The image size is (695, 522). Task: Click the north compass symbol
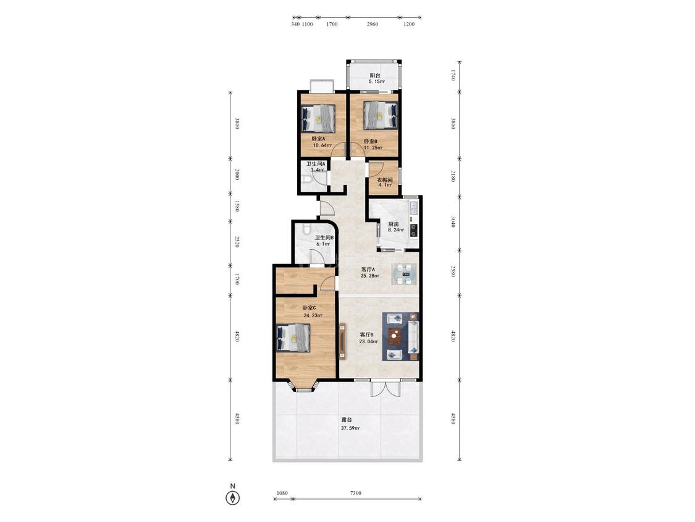pyautogui.click(x=233, y=498)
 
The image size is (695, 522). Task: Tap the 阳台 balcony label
pyautogui.click(x=375, y=75)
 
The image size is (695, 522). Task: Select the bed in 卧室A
pyautogui.click(x=318, y=119)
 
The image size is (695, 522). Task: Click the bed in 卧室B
pyautogui.click(x=381, y=114)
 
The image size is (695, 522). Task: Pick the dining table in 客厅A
pyautogui.click(x=404, y=274)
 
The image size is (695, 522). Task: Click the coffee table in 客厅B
pyautogui.click(x=394, y=336)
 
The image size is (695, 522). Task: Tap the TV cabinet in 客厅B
pyautogui.click(x=343, y=341)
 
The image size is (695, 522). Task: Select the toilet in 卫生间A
pyautogui.click(x=306, y=180)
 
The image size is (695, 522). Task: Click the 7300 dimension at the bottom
pyautogui.click(x=355, y=493)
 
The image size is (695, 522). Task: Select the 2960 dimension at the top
pyautogui.click(x=373, y=24)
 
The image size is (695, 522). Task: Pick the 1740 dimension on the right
pyautogui.click(x=453, y=75)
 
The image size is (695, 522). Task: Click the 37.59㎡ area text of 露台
pyautogui.click(x=350, y=429)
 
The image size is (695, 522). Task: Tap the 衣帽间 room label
pyautogui.click(x=385, y=180)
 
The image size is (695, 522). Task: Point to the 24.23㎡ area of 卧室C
pyautogui.click(x=313, y=315)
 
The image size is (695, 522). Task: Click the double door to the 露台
pyautogui.click(x=385, y=388)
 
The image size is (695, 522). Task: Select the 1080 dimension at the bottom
pyautogui.click(x=282, y=493)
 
